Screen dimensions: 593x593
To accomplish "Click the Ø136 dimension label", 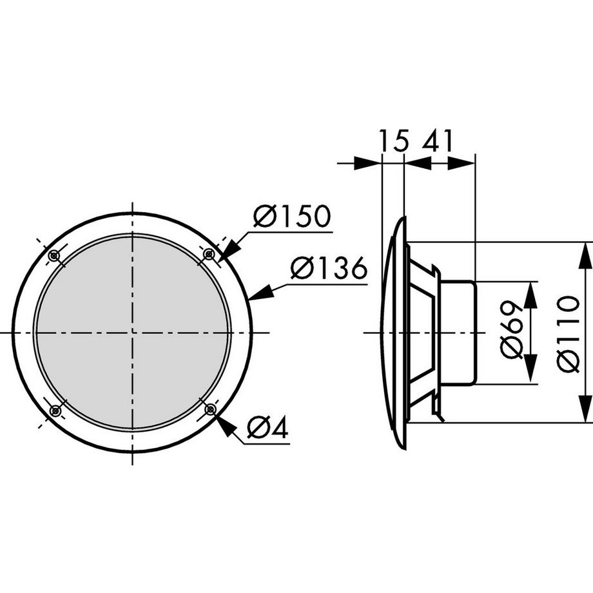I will click(x=328, y=267).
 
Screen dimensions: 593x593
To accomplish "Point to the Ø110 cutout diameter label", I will click(x=569, y=333).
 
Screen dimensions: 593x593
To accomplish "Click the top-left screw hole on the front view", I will click(x=54, y=256).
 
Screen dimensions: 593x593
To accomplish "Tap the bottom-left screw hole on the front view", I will click(x=55, y=410).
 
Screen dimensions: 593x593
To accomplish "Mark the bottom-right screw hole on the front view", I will click(x=209, y=409).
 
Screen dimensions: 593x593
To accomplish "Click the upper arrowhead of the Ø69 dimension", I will click(x=530, y=294).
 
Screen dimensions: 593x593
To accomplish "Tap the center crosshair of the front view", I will click(x=132, y=333).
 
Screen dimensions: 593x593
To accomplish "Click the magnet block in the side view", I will click(x=458, y=333).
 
